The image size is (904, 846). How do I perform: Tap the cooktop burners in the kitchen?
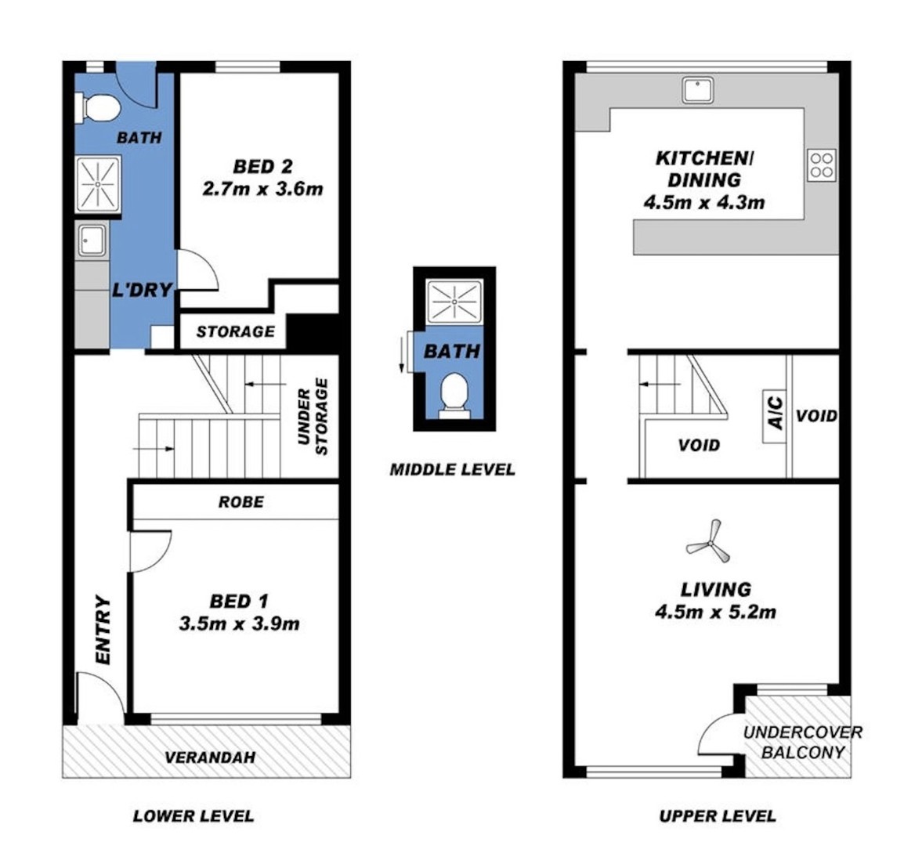pos(821,165)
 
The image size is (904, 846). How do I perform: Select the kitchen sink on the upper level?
pos(698,91)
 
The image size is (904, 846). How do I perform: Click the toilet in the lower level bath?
pos(97,108)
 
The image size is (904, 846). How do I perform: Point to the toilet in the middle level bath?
pos(454,396)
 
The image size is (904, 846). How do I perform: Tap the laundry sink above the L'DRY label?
pos(92,240)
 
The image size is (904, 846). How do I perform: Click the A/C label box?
pos(775,412)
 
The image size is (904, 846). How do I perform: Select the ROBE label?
pos(241,502)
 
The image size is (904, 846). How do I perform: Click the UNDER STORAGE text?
pos(313,417)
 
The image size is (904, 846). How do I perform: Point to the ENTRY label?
pos(103,630)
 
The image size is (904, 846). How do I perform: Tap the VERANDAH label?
pos(210,757)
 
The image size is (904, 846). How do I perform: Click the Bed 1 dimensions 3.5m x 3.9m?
pos(239,624)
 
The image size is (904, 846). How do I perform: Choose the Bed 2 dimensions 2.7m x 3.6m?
pos(262,189)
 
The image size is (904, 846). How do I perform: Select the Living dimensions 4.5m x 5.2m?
pos(715,611)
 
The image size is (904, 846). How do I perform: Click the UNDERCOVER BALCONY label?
pos(802,742)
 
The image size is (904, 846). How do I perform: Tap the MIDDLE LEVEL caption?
pos(453,469)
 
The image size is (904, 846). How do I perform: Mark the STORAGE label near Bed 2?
pos(235,331)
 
